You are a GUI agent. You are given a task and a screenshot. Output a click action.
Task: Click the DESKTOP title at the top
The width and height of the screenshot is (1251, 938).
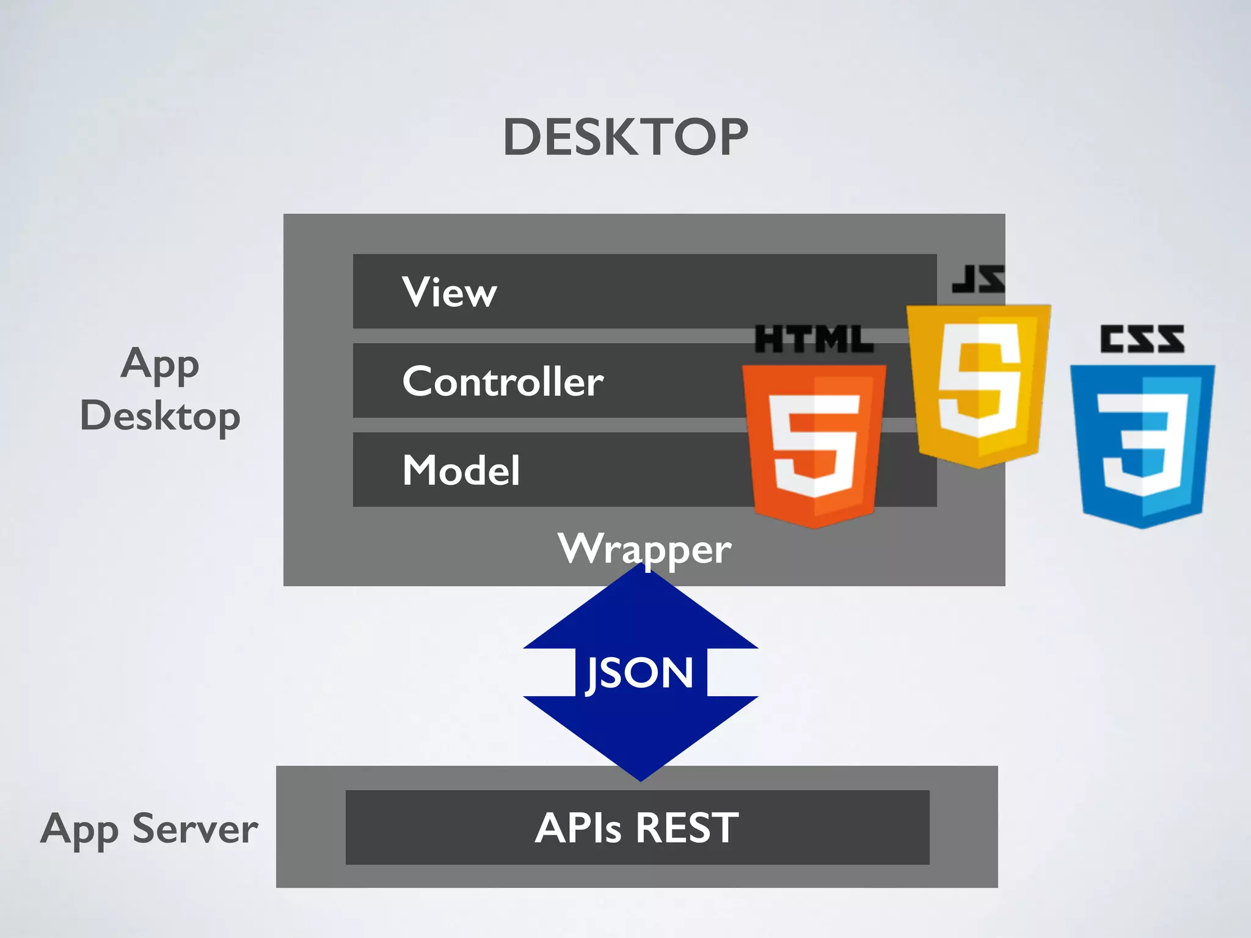pos(625,137)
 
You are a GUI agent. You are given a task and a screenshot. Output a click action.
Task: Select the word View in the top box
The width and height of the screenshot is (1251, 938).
pos(449,292)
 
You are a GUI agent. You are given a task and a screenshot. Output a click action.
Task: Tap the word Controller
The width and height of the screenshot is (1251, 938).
pos(503,381)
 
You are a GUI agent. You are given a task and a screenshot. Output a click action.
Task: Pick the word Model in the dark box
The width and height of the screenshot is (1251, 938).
pos(461,470)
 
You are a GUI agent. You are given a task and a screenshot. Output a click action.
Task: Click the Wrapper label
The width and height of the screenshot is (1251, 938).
pos(644,548)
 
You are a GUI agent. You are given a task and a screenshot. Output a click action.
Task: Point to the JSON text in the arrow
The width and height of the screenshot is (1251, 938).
pos(640,673)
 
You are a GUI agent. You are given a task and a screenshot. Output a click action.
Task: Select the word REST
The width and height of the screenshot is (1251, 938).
pos(687,828)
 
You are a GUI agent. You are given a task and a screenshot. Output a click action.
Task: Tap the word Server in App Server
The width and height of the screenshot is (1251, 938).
pos(195,829)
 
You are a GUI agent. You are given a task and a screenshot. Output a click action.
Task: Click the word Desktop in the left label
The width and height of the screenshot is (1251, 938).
pos(160,416)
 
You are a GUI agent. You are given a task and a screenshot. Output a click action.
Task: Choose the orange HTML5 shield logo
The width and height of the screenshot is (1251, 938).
pos(814,446)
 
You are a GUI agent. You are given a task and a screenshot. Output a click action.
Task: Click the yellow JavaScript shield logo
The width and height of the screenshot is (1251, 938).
pos(979,385)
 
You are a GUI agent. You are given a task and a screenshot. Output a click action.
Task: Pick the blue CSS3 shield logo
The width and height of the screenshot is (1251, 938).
pos(1142,446)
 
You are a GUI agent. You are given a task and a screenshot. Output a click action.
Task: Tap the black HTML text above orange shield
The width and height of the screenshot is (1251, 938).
pos(814,340)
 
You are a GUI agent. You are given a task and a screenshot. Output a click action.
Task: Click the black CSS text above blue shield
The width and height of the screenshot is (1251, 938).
pos(1142,339)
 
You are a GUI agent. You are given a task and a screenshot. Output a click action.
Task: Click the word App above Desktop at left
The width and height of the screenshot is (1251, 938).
pos(160,365)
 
